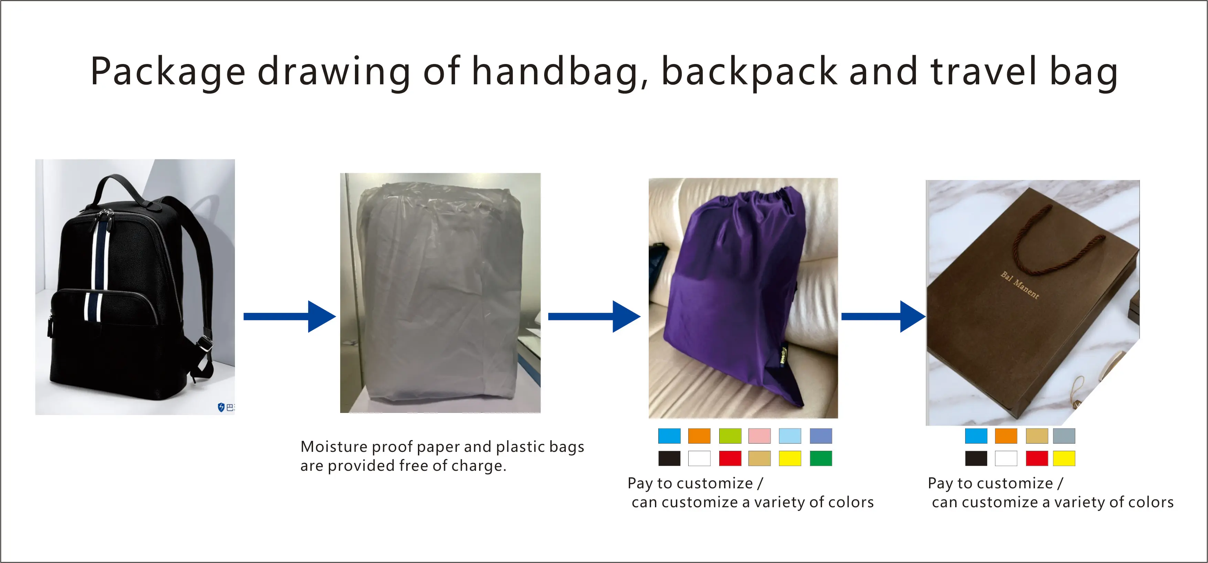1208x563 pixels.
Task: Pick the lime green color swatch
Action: point(730,436)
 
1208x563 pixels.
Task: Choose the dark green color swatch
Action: point(821,458)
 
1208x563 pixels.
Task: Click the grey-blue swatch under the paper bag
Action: point(1064,436)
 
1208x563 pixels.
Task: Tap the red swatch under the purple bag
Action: point(730,458)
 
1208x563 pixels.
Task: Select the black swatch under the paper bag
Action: point(976,458)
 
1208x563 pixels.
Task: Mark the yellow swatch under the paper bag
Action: point(1064,458)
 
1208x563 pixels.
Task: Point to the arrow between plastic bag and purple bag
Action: point(594,317)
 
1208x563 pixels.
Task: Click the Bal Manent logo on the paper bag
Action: point(1020,285)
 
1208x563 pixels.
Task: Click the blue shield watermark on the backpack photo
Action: point(222,407)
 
